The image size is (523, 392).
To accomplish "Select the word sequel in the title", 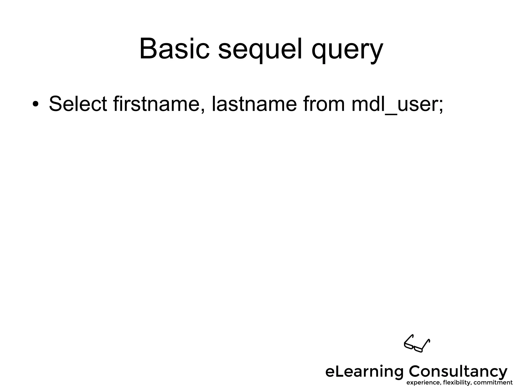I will [x=260, y=50].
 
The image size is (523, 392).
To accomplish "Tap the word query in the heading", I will [x=347, y=51].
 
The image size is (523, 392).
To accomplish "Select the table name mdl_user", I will [x=395, y=104].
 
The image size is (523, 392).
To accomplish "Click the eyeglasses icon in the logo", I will [x=417, y=343].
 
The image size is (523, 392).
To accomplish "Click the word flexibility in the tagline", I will [x=457, y=383].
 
